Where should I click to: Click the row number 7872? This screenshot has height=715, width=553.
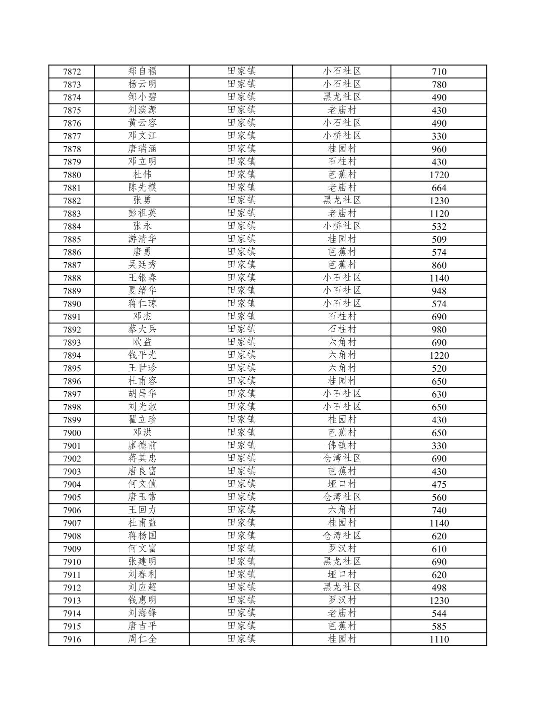72,72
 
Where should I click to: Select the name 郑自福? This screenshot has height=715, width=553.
142,71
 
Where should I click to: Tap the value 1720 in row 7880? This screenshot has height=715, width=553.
439,175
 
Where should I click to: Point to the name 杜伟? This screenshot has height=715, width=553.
142,174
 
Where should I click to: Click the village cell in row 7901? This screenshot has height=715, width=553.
342,445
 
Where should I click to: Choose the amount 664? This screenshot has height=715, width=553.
439,188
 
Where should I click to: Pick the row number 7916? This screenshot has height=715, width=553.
72,639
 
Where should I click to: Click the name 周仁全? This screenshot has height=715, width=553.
142,638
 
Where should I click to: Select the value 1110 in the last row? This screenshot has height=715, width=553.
439,639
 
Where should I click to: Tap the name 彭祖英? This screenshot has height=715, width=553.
142,213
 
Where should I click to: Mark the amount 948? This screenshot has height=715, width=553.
439,291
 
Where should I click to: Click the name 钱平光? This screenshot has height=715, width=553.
142,355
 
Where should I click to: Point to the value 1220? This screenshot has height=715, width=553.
439,355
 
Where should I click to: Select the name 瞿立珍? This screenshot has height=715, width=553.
142,419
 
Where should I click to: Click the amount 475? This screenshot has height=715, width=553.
439,484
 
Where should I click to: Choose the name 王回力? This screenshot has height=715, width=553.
142,510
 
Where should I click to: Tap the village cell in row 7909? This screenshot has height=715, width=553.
342,548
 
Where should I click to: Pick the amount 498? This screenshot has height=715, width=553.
439,587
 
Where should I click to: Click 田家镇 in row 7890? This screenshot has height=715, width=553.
241,303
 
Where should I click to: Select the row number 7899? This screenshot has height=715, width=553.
72,420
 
